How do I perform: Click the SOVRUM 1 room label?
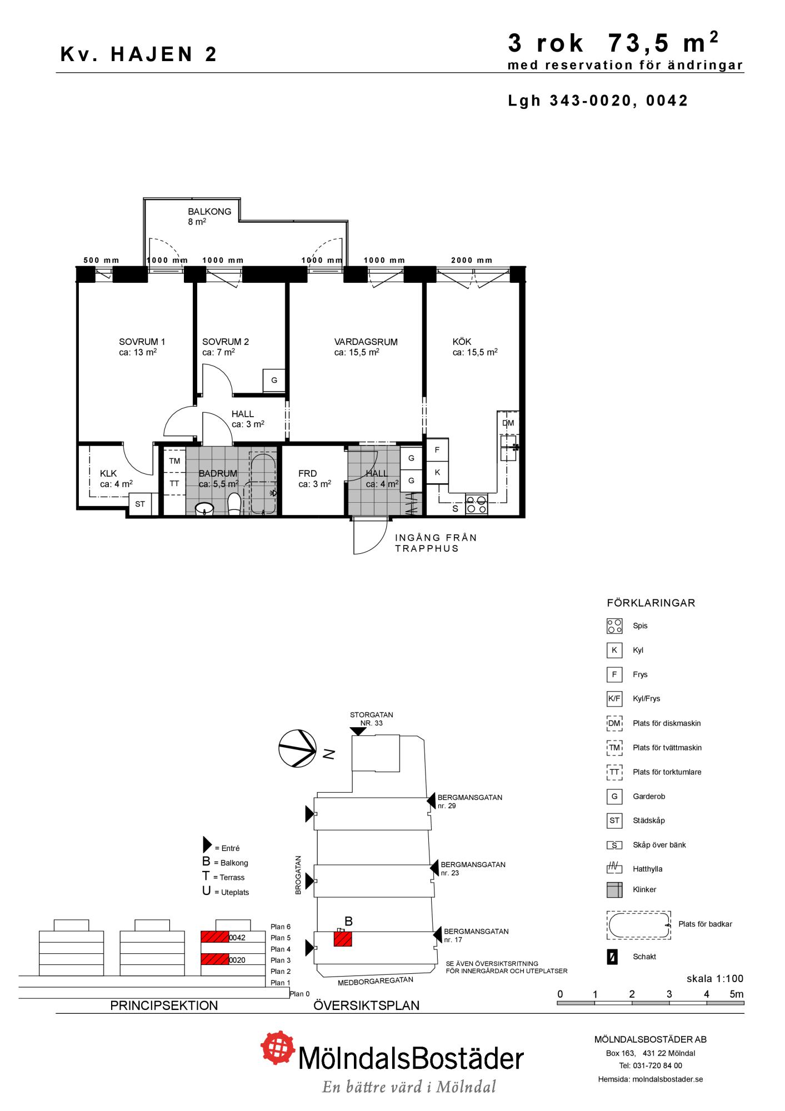pyautogui.click(x=142, y=342)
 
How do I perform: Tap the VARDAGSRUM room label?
pyautogui.click(x=366, y=342)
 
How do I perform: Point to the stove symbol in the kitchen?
pyautogui.click(x=477, y=504)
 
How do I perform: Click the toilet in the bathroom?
pyautogui.click(x=234, y=503)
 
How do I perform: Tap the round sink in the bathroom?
pyautogui.click(x=205, y=508)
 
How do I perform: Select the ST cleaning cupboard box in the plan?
pyautogui.click(x=140, y=504)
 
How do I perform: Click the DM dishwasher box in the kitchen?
pyautogui.click(x=508, y=423)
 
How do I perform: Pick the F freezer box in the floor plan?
pyautogui.click(x=437, y=450)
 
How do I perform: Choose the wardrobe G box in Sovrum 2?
pyautogui.click(x=274, y=381)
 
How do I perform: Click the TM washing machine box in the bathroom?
pyautogui.click(x=174, y=461)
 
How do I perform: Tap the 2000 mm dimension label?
pyautogui.click(x=472, y=260)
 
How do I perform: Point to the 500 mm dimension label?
pyautogui.click(x=101, y=260)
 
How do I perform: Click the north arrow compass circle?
pyautogui.click(x=297, y=748)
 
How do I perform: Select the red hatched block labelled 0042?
pyautogui.click(x=214, y=937)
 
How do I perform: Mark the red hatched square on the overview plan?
pyautogui.click(x=343, y=939)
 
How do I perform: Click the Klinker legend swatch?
pyautogui.click(x=614, y=890)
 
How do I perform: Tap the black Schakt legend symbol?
pyautogui.click(x=612, y=957)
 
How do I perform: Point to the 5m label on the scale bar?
pyautogui.click(x=736, y=994)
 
